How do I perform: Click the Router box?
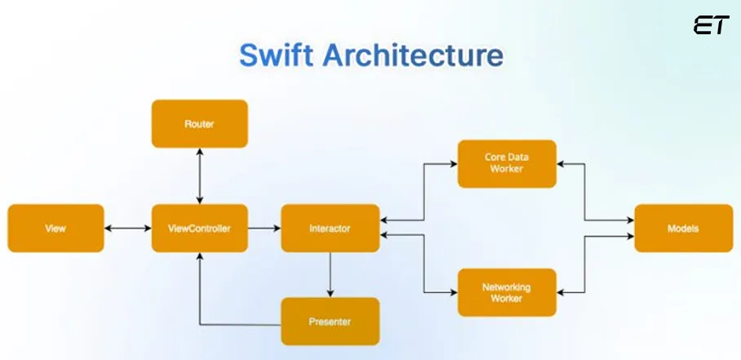click(x=199, y=124)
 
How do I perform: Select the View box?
click(x=55, y=229)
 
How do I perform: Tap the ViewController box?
click(x=199, y=229)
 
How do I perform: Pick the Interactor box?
click(x=330, y=229)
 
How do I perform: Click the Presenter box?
click(x=330, y=322)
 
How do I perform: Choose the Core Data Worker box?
click(x=507, y=163)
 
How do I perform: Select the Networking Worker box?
click(x=507, y=293)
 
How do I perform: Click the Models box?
click(x=683, y=229)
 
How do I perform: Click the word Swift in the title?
click(x=277, y=56)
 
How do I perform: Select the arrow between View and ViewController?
click(x=128, y=229)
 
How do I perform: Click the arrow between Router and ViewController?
click(x=199, y=176)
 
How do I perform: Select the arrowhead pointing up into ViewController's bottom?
click(x=199, y=257)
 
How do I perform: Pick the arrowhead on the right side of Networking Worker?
click(x=561, y=293)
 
